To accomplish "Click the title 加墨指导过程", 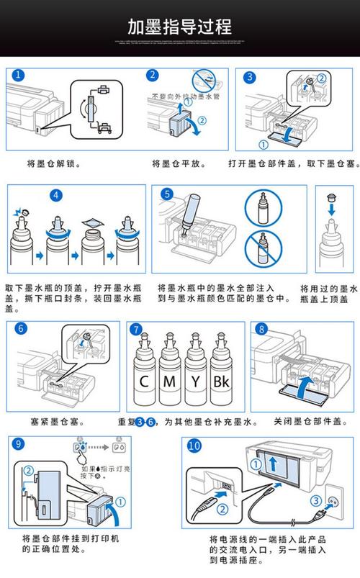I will (x=179, y=27).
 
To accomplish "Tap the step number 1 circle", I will (x=18, y=76).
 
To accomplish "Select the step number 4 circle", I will (x=58, y=194).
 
